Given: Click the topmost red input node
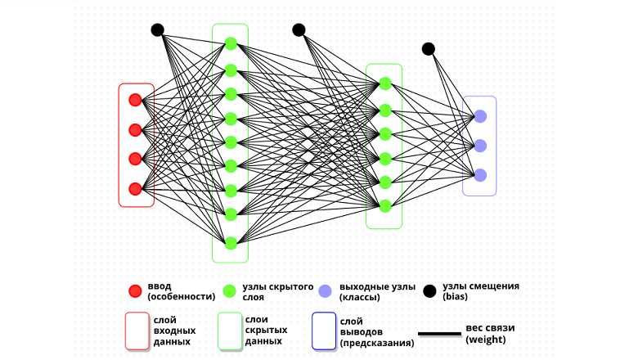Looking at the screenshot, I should click(x=135, y=100).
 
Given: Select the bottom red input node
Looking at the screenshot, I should click(x=135, y=188).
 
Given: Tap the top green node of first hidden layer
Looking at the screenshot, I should click(x=231, y=43).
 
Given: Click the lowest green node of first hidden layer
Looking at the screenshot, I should click(x=231, y=242).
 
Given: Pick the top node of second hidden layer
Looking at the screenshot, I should click(x=384, y=83).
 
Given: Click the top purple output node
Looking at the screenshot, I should click(x=480, y=115).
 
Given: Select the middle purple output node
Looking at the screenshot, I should click(x=480, y=146).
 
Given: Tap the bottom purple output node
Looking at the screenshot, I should click(x=480, y=175).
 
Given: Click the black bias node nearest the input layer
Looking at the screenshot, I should click(x=158, y=30).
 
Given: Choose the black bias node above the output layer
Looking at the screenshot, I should click(x=429, y=49).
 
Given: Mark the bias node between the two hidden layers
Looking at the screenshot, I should click(x=299, y=30).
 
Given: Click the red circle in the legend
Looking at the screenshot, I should click(x=135, y=290).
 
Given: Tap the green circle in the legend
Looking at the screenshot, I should click(x=230, y=290).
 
